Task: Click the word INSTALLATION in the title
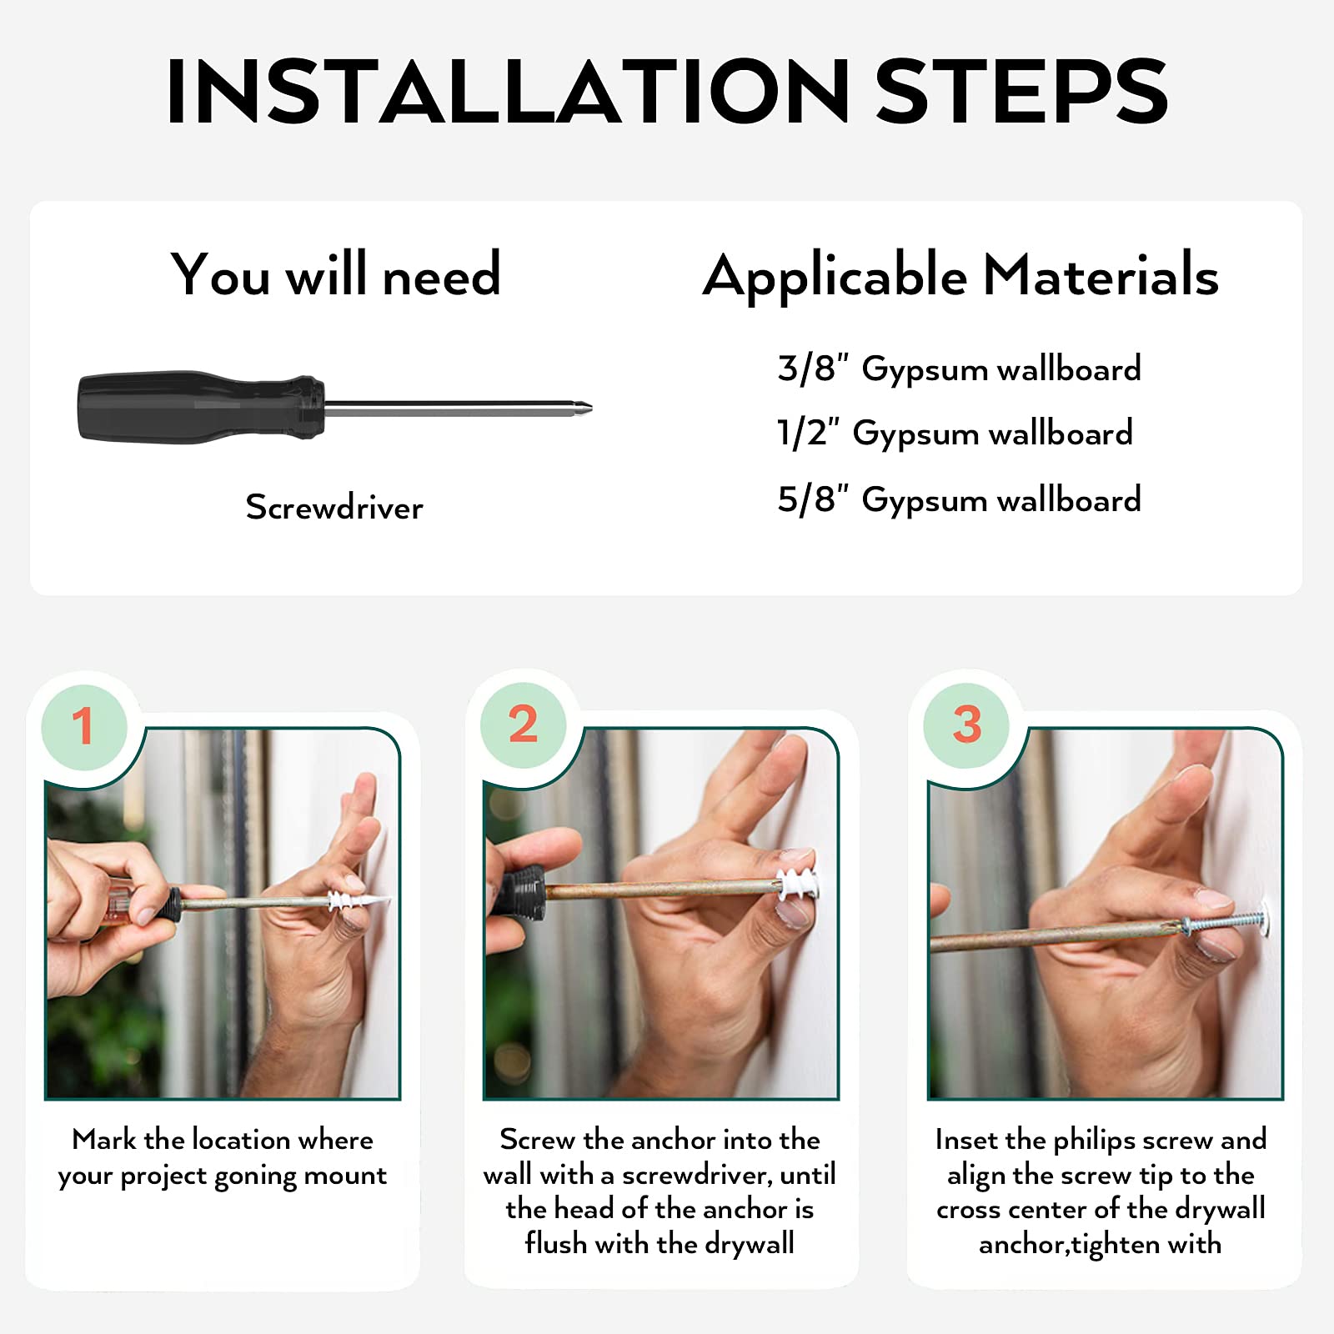[x=508, y=92]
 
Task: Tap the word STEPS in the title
[x=1021, y=92]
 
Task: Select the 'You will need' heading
[x=336, y=274]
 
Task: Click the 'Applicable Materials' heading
[x=960, y=277]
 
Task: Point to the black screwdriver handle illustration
[x=200, y=407]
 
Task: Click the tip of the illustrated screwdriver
[x=591, y=409]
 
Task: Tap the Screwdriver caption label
[x=334, y=507]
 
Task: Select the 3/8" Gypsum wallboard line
[x=959, y=369]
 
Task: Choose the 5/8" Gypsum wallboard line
[x=959, y=500]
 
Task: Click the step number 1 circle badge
[x=84, y=726]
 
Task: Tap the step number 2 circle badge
[x=524, y=724]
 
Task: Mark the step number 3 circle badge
[x=966, y=725]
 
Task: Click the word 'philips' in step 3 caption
[x=1094, y=1141]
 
